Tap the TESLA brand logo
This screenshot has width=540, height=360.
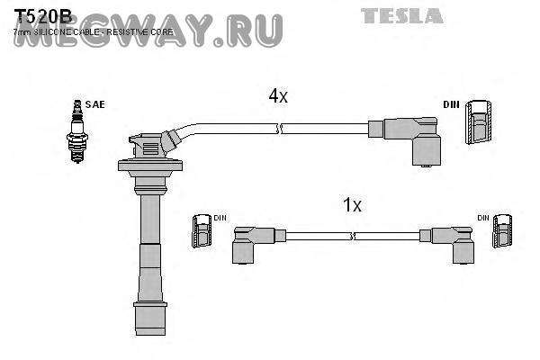pos(402,15)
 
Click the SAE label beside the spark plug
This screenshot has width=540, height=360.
pos(94,104)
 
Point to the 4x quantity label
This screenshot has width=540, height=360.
pos(277,96)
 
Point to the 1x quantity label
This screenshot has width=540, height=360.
pos(352,205)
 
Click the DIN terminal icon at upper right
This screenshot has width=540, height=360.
pos(479,121)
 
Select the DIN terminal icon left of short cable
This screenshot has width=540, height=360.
pos(202,232)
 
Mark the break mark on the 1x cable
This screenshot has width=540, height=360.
pos(354,236)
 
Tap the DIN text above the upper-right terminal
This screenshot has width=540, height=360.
pos(451,105)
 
